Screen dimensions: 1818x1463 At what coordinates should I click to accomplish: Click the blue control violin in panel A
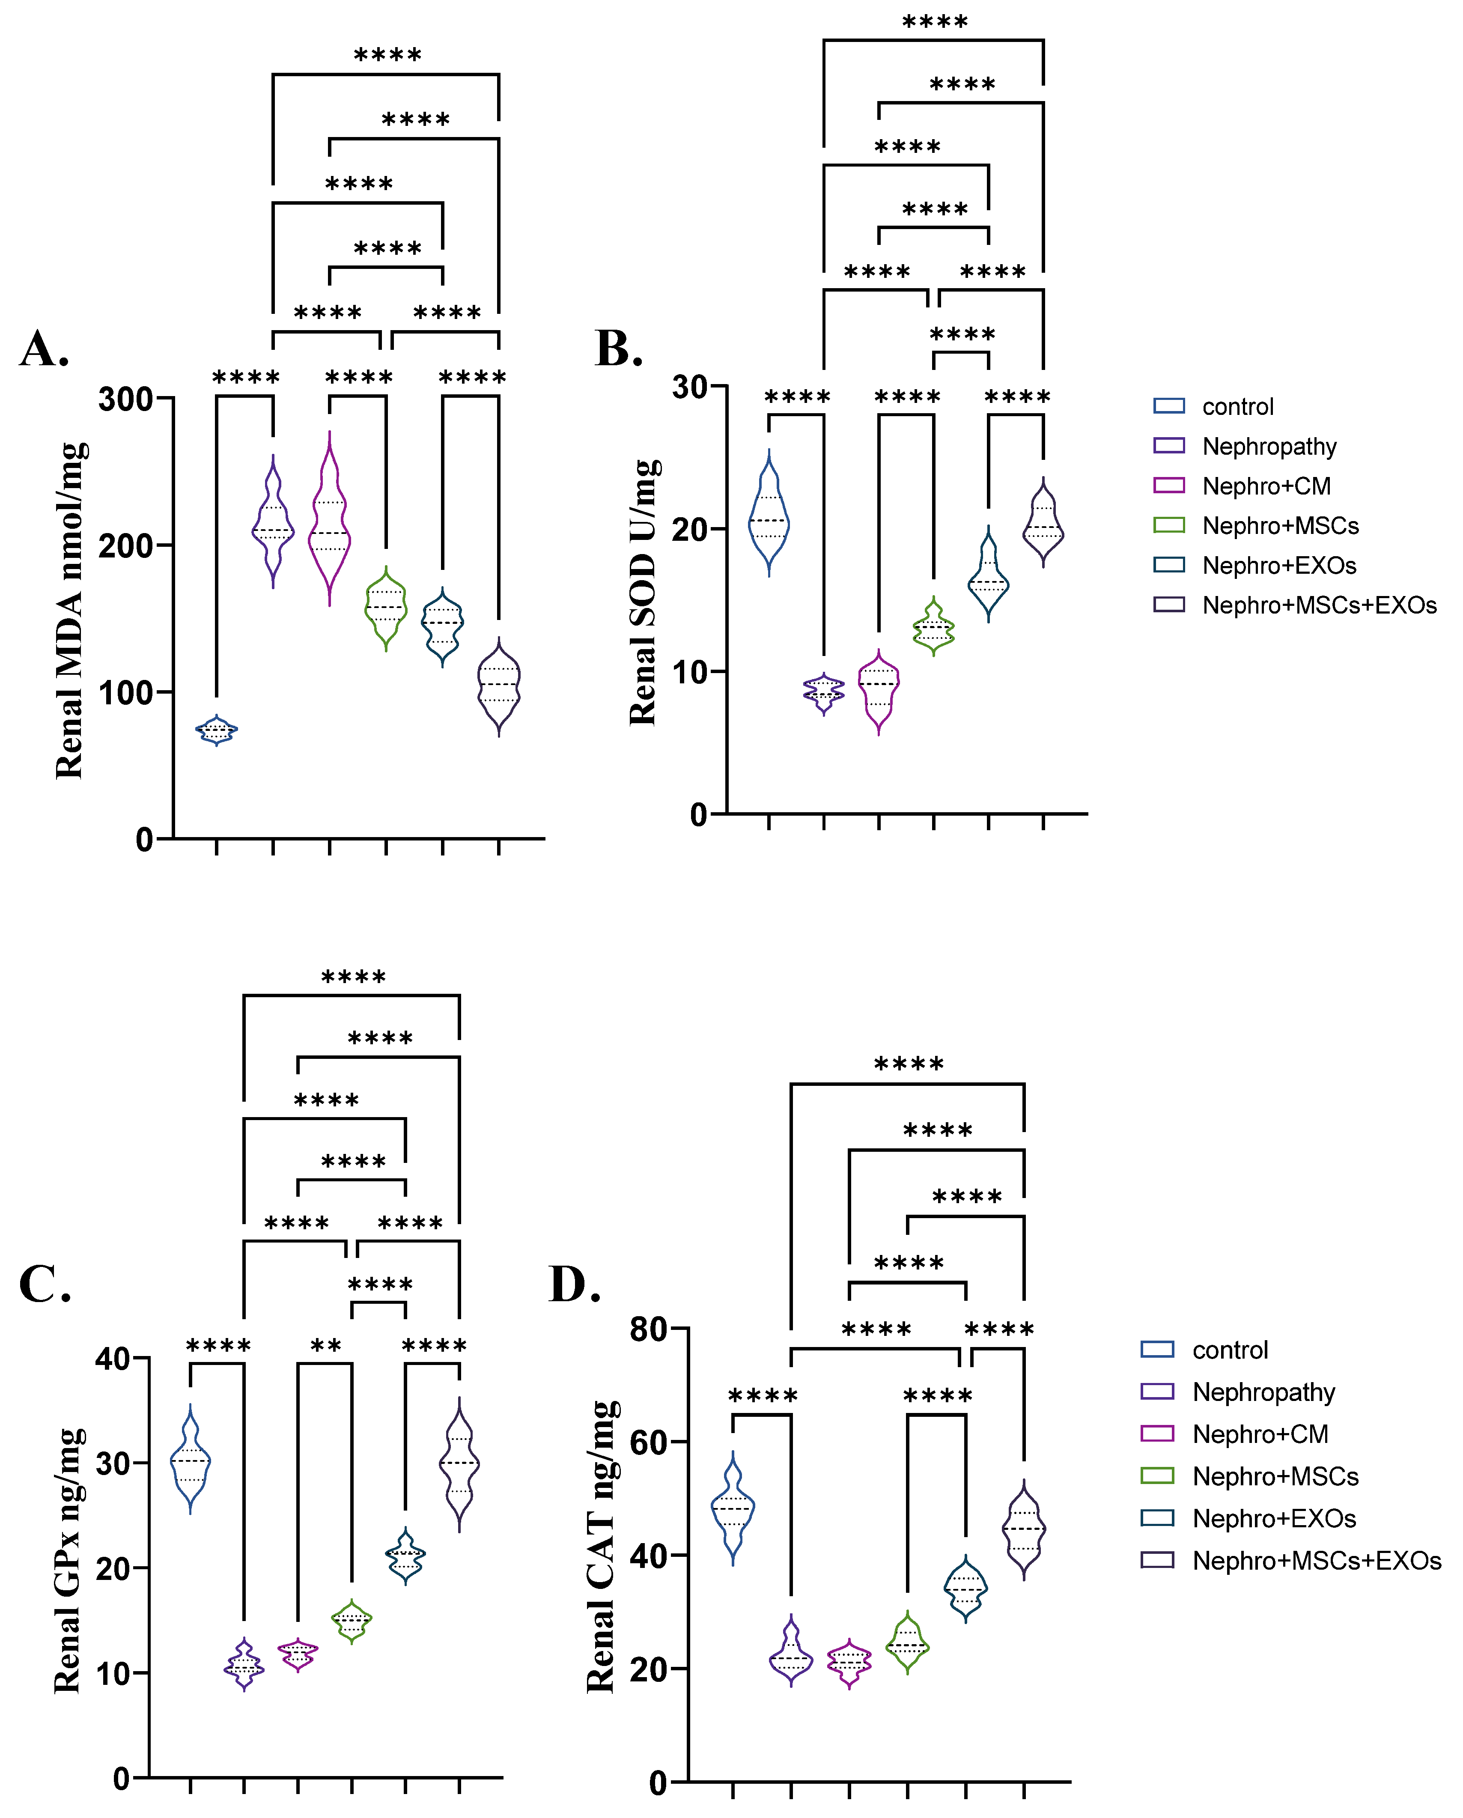217,730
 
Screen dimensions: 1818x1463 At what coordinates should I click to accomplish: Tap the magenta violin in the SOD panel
879,690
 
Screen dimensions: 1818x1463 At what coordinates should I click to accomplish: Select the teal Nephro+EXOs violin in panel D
965,1589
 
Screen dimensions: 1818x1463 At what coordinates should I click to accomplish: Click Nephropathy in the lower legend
1263,1392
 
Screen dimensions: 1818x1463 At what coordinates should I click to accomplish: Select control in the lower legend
1229,1350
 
